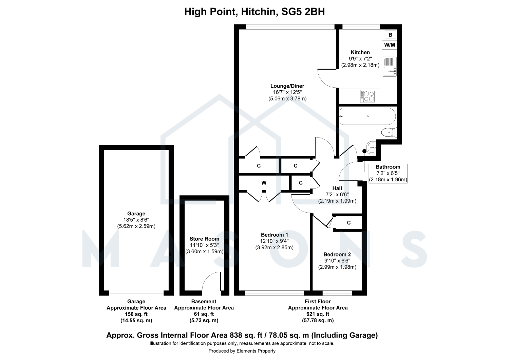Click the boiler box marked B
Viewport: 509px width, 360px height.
pyautogui.click(x=390, y=35)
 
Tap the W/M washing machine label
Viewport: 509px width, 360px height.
pyautogui.click(x=390, y=45)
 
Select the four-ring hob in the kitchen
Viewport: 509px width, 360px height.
pyautogui.click(x=367, y=96)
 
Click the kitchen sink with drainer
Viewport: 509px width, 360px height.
pyautogui.click(x=390, y=67)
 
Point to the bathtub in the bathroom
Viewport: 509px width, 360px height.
pyautogui.click(x=367, y=116)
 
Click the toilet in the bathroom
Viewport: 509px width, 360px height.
pyautogui.click(x=389, y=132)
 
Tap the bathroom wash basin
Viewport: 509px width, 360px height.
pyautogui.click(x=371, y=148)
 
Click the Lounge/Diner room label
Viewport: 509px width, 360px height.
pyautogui.click(x=287, y=86)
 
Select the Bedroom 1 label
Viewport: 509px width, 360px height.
pyautogui.click(x=275, y=235)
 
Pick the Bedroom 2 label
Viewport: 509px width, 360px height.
pyautogui.click(x=337, y=254)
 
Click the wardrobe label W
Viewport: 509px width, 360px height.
pyautogui.click(x=264, y=183)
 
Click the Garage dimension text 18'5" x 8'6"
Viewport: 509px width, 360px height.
pyautogui.click(x=136, y=220)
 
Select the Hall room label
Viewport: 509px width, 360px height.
pyautogui.click(x=337, y=188)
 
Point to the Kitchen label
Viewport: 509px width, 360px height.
pyautogui.click(x=360, y=52)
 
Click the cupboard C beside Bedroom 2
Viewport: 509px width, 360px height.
pyautogui.click(x=349, y=223)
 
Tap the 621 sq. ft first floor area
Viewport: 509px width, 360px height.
pyautogui.click(x=318, y=314)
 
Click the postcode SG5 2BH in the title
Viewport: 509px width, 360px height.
pyautogui.click(x=303, y=12)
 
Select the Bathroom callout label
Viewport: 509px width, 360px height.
pyautogui.click(x=388, y=167)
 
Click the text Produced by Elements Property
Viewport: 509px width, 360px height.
pyautogui.click(x=242, y=351)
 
